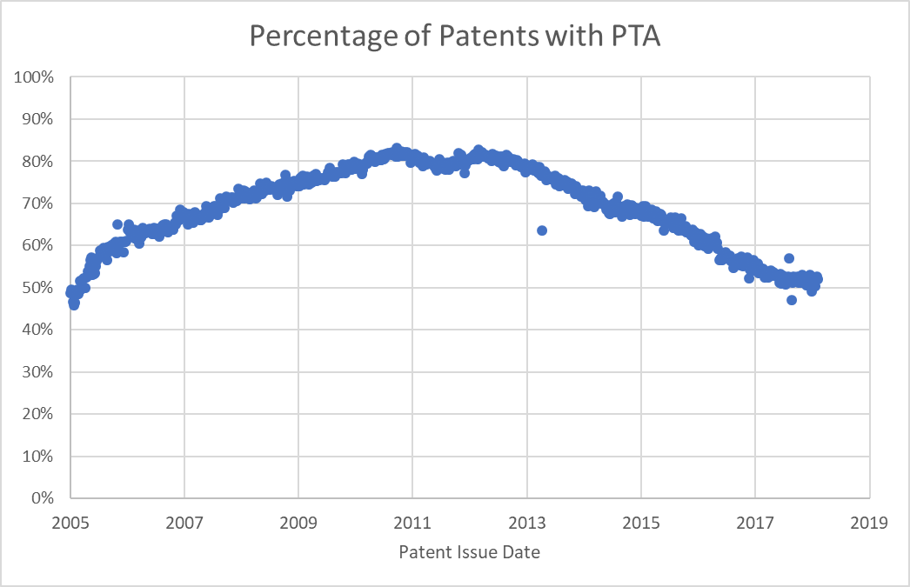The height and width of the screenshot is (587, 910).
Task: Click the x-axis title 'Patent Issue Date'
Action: [x=469, y=552]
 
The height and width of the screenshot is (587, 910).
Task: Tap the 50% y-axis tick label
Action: [x=38, y=288]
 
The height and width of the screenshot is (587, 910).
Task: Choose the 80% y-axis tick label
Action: [x=38, y=161]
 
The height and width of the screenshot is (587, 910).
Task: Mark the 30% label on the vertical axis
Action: [x=38, y=372]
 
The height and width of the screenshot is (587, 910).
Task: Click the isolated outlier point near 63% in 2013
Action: [x=541, y=230]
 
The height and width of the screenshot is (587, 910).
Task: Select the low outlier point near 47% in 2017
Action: [x=792, y=300]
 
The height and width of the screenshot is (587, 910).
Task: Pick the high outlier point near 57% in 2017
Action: [x=789, y=258]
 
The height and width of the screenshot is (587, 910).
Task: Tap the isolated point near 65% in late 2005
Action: [x=117, y=224]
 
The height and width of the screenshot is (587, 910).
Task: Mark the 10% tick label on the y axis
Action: [x=38, y=457]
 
